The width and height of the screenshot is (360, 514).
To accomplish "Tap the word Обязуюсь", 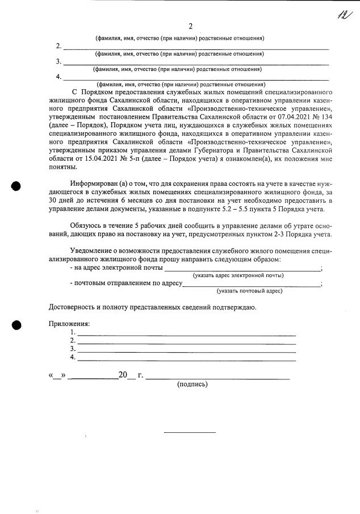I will point(88,227).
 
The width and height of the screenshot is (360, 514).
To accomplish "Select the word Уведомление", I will point(95,250).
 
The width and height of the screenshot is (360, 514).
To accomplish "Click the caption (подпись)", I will point(192,385).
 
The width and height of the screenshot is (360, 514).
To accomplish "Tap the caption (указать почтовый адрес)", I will point(250,291).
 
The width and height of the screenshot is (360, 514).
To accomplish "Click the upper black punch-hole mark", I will point(16,186).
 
